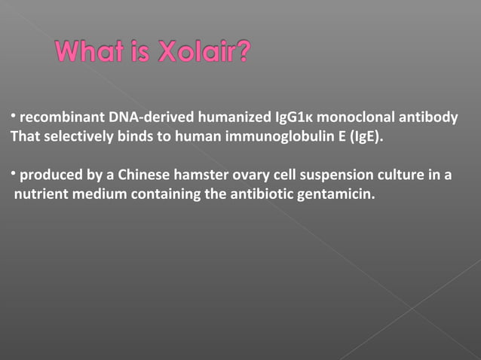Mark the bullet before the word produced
tap(13, 174)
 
